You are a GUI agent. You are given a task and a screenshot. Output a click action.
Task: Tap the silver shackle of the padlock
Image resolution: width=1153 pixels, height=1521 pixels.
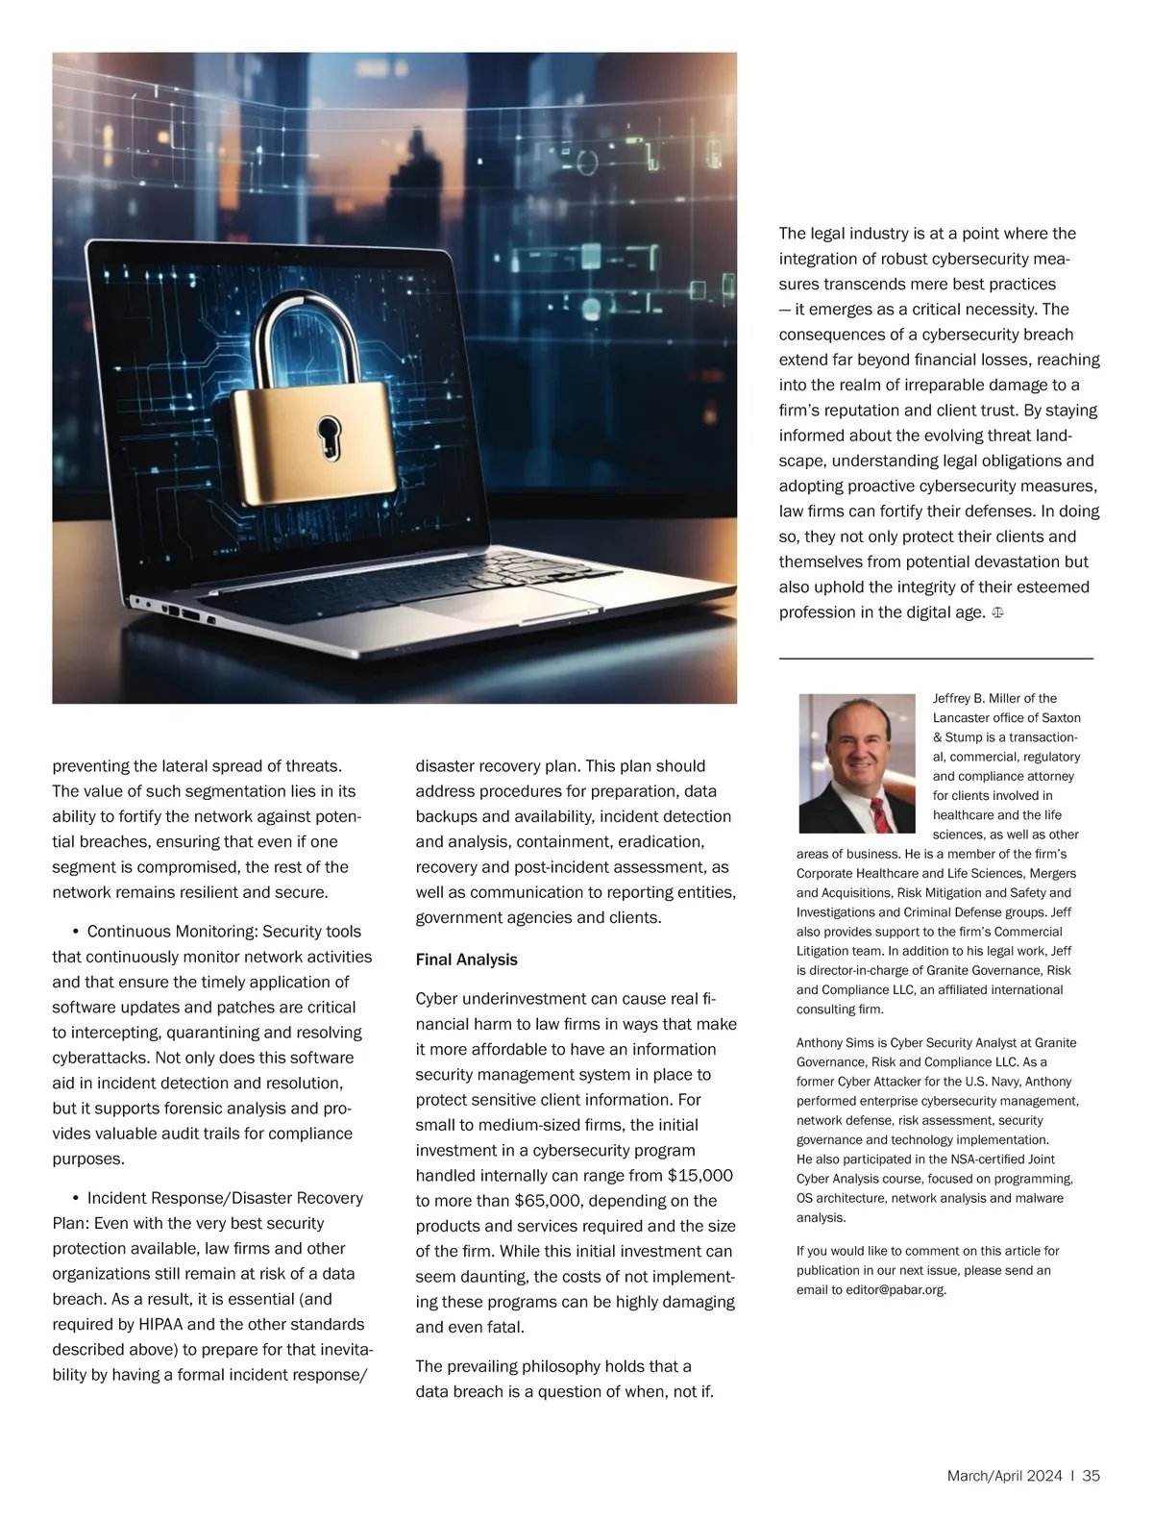click(x=307, y=332)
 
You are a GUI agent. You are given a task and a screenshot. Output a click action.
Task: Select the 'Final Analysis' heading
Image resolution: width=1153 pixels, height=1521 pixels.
click(x=466, y=960)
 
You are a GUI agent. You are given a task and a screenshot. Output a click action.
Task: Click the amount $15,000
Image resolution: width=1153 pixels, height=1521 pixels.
click(x=699, y=1175)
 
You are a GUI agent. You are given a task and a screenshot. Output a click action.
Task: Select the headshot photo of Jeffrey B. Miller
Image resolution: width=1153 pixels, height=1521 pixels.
click(x=856, y=763)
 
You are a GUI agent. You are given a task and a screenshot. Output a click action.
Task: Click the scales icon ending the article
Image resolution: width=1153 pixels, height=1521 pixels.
click(x=997, y=612)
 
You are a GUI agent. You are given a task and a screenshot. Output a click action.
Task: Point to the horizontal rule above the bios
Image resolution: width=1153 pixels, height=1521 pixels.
click(x=935, y=659)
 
